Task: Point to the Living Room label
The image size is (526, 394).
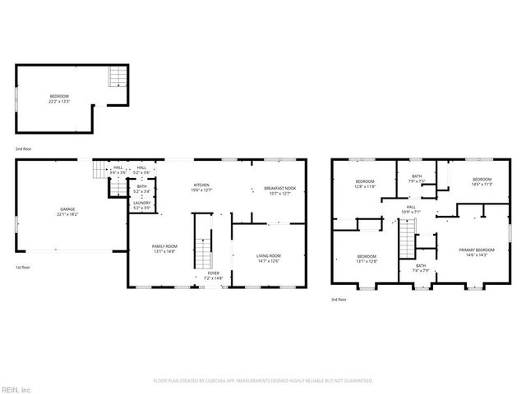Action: (268, 258)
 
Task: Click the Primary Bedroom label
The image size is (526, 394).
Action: (477, 251)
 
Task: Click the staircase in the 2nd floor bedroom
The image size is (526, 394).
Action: (118, 77)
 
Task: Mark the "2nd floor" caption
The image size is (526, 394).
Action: (23, 149)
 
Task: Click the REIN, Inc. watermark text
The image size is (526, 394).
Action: (16, 388)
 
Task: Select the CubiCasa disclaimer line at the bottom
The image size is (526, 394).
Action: (263, 381)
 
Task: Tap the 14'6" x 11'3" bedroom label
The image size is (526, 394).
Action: (482, 181)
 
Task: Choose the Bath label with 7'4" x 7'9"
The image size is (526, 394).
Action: (420, 268)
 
